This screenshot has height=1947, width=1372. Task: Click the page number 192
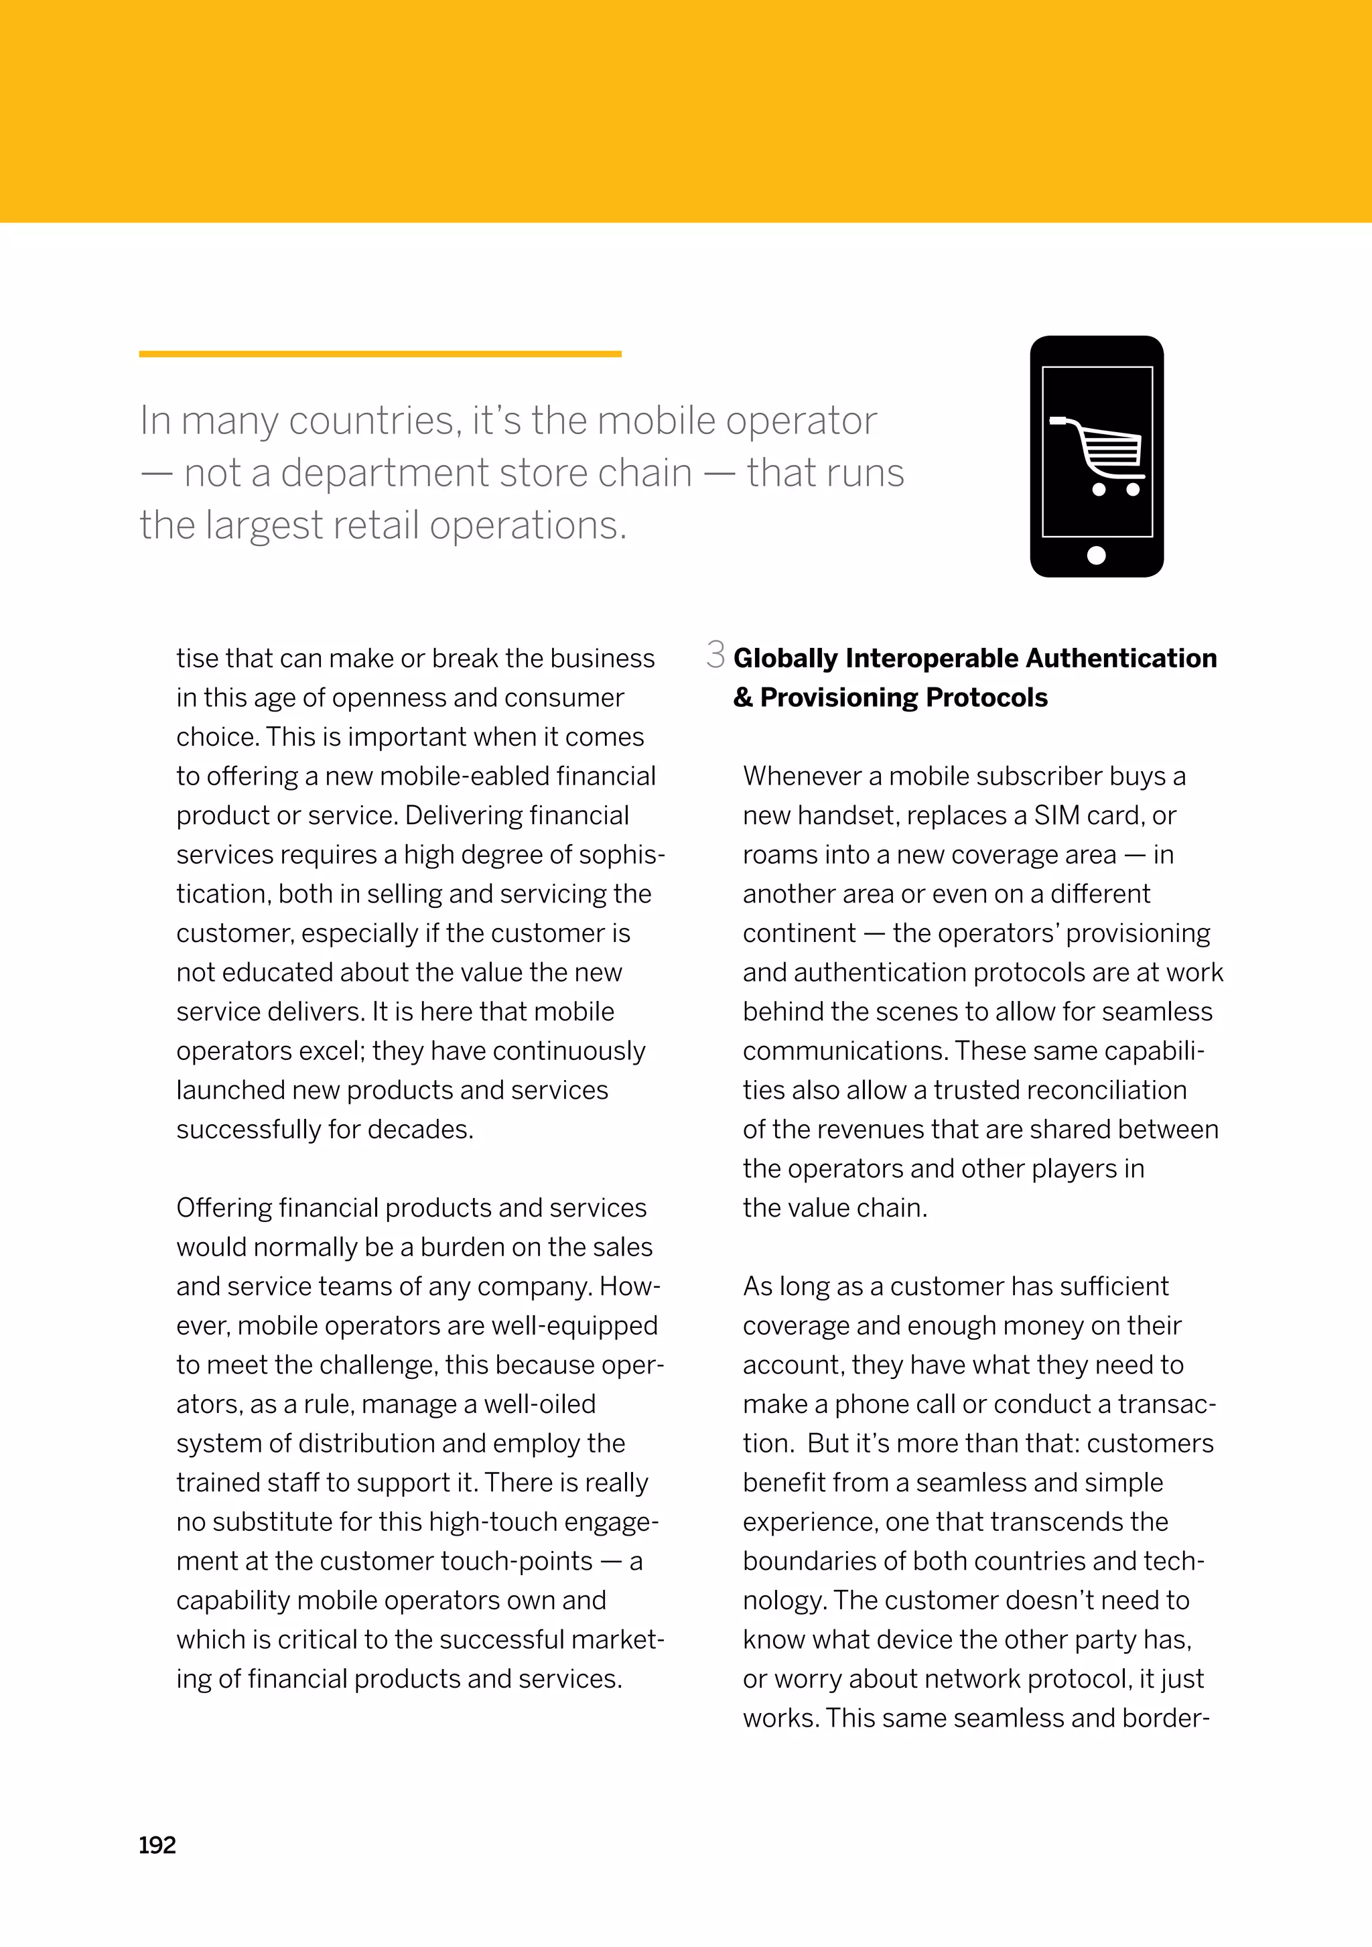(157, 1845)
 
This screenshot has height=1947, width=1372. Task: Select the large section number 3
(715, 655)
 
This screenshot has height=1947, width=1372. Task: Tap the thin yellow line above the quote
(380, 354)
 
